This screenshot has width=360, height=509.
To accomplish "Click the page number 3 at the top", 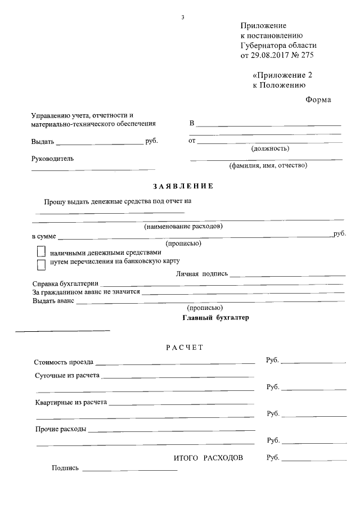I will (x=183, y=17).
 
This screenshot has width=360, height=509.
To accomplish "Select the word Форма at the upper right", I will (x=318, y=100).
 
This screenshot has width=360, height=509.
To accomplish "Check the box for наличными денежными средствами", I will (x=41, y=252).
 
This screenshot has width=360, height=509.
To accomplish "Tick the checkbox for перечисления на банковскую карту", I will (x=41, y=263).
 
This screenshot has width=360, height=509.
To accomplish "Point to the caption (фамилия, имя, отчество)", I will (x=268, y=165).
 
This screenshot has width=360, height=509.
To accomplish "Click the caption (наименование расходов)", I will (x=183, y=227).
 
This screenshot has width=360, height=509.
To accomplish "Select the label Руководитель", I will (x=52, y=159).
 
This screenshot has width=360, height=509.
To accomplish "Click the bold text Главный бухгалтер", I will (x=215, y=317).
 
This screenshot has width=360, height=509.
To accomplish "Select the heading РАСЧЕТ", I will (x=184, y=348).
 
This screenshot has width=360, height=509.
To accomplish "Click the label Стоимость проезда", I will (x=64, y=362).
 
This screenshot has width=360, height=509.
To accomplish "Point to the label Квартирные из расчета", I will (x=71, y=403).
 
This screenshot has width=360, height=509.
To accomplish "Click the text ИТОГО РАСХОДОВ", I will (x=208, y=458).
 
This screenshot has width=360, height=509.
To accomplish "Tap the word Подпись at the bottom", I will (x=65, y=468).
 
